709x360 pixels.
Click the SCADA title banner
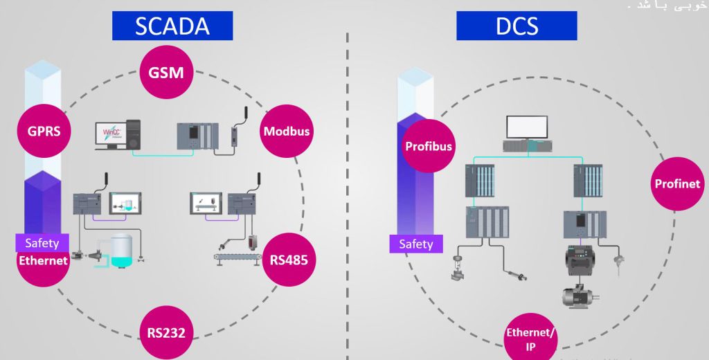(x=172, y=26)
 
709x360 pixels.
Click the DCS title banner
(x=516, y=26)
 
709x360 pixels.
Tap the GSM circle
(x=167, y=72)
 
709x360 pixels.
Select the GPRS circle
(x=45, y=131)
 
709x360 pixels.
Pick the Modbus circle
(x=286, y=131)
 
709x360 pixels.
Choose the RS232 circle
(x=166, y=332)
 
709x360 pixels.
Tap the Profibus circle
(x=428, y=146)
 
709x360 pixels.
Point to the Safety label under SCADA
(x=42, y=243)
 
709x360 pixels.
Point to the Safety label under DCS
(x=416, y=244)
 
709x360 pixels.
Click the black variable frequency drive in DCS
(x=581, y=261)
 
